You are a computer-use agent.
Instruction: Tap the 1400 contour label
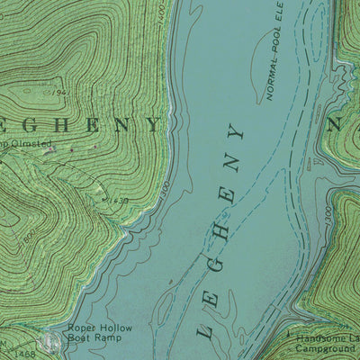[162, 13]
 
